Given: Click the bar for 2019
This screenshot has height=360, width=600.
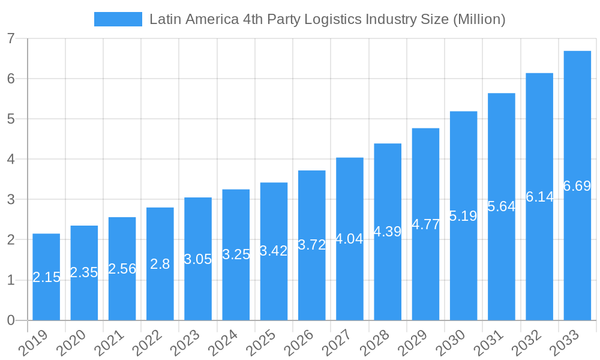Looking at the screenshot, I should tap(46, 277).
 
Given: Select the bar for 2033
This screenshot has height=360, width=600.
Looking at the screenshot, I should tap(577, 185).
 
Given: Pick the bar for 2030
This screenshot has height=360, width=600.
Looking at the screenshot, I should tap(463, 215).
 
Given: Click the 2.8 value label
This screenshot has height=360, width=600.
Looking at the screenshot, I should tap(160, 264).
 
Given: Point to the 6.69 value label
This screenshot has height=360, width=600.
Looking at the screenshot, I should tap(577, 186).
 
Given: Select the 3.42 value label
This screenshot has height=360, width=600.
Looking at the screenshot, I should tap(274, 251).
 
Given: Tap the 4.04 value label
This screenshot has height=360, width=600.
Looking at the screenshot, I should tap(349, 239).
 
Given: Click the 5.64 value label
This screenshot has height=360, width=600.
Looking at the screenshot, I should tap(501, 206).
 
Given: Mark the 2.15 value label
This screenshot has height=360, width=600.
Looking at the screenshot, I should tap(46, 277).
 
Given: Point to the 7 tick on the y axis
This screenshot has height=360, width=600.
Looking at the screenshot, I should tap(11, 38).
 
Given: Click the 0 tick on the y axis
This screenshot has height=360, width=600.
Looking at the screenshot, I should tap(11, 320).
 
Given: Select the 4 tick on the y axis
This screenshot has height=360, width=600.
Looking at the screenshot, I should tap(11, 160).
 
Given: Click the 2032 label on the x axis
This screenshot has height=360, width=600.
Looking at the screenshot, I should tap(526, 343).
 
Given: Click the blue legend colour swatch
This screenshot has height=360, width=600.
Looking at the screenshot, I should tap(118, 19).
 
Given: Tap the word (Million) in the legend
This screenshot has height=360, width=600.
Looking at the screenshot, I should tap(479, 19).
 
